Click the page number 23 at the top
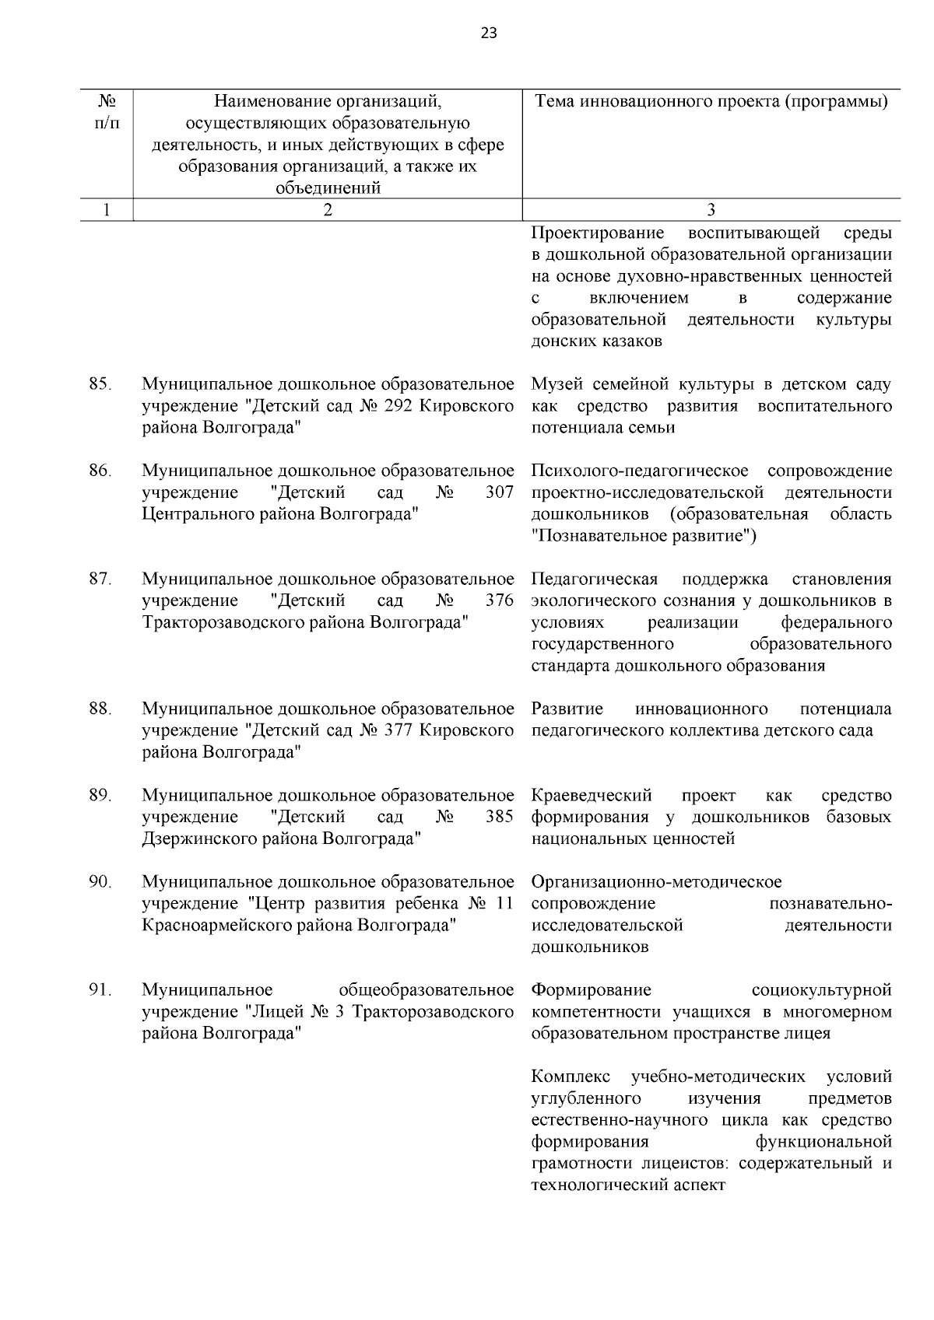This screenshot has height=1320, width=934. click(489, 33)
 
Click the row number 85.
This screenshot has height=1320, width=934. click(100, 384)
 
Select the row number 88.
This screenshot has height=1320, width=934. click(100, 709)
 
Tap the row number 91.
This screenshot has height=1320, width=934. click(100, 990)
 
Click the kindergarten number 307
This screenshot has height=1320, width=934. click(499, 492)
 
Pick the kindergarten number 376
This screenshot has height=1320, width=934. click(499, 600)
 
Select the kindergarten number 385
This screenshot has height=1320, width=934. click(499, 817)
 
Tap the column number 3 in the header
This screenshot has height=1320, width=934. click(711, 209)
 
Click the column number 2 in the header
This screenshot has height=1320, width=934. click(328, 209)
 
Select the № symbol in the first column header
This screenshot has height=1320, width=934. click(107, 101)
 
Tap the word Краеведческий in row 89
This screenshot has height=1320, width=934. click(592, 795)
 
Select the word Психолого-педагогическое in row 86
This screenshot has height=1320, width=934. click(640, 471)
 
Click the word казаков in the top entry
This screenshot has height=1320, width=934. click(631, 341)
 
